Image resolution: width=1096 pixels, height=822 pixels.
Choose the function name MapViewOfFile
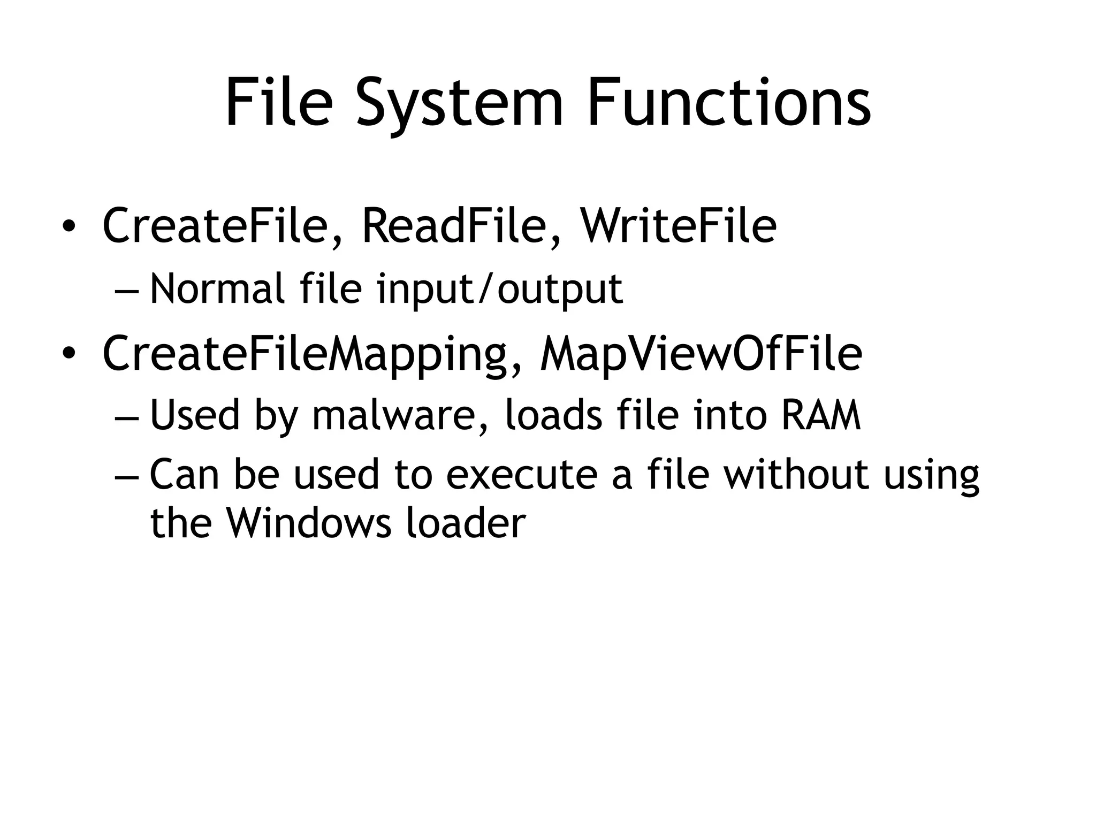(701, 354)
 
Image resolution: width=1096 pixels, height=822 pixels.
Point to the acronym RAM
(820, 416)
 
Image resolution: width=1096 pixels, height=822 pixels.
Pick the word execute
(521, 475)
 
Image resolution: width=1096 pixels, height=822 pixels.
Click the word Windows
(308, 523)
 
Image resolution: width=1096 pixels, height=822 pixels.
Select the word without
(796, 475)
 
